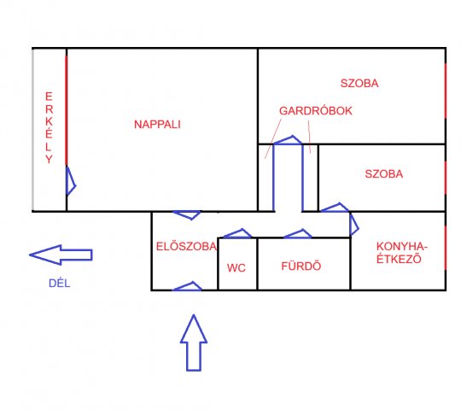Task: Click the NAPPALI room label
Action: click(157, 125)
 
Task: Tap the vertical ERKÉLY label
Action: click(49, 127)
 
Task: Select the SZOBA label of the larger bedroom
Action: click(359, 83)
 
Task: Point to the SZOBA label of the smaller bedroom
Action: click(383, 174)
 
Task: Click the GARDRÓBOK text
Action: click(316, 111)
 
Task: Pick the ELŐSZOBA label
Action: click(186, 247)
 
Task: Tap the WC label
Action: click(236, 268)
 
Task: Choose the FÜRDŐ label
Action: click(301, 266)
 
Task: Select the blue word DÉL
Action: click(60, 284)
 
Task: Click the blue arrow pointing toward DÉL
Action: click(61, 255)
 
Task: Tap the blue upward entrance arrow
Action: click(194, 343)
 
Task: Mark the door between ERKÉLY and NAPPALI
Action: click(71, 181)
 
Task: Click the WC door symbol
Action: click(237, 233)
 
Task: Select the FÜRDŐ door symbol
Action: click(298, 234)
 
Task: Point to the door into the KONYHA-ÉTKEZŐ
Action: click(354, 224)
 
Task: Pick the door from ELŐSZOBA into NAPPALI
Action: click(187, 215)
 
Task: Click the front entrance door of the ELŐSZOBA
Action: click(187, 286)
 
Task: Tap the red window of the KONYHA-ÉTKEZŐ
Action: click(446, 248)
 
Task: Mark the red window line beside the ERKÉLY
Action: click(66, 110)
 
